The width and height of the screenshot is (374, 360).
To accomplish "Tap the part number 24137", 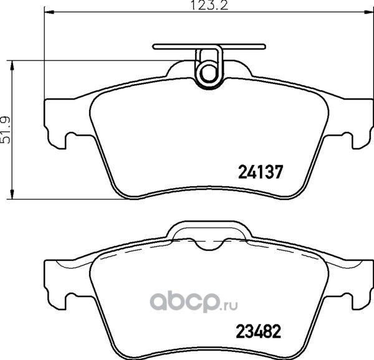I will click(261, 169).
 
